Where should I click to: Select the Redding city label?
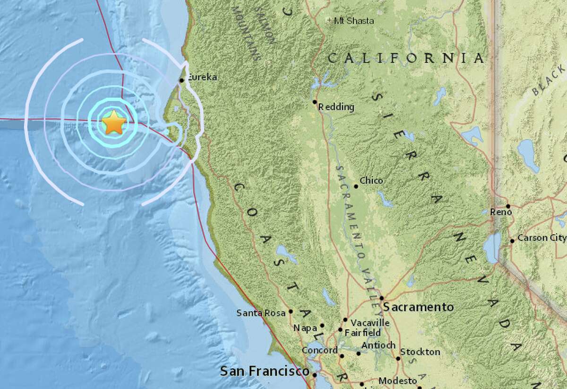[x=336, y=107]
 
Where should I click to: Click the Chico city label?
[x=371, y=180]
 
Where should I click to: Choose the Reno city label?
[x=501, y=212]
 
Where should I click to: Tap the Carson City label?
[x=541, y=238]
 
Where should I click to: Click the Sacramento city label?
[x=418, y=307]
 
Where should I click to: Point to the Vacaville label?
[x=370, y=322]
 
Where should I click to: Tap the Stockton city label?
[x=420, y=352]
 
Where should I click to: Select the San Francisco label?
[x=265, y=371]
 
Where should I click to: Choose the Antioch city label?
[x=378, y=345]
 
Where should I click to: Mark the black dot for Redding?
[x=315, y=102]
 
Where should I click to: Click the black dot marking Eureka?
[x=181, y=81]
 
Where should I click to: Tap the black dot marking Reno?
[x=508, y=206]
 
